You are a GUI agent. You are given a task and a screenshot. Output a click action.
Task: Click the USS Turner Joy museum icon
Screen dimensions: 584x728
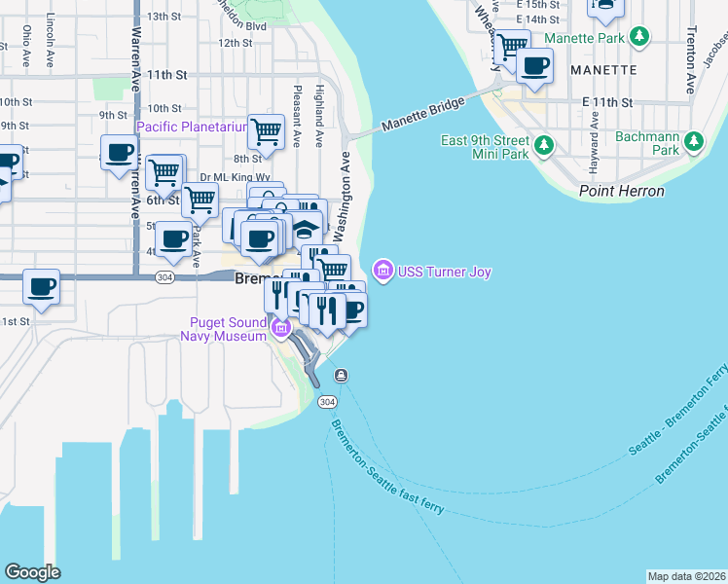(x=382, y=271)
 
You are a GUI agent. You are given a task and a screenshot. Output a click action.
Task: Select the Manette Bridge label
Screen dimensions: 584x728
(x=423, y=114)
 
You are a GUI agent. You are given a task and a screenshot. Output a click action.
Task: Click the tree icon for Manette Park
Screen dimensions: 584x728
(x=638, y=38)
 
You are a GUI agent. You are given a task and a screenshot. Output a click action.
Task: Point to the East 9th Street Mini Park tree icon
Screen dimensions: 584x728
(x=544, y=146)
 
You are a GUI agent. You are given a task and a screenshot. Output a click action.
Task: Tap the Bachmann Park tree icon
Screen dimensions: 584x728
(x=694, y=142)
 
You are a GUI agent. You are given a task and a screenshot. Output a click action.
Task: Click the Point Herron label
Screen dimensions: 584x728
(x=621, y=191)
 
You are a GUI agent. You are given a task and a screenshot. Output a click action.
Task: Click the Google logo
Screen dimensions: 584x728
(x=32, y=571)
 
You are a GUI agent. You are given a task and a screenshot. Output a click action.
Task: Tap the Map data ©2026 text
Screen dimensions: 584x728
(x=685, y=576)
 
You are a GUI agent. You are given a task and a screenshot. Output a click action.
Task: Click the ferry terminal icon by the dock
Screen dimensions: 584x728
(x=342, y=376)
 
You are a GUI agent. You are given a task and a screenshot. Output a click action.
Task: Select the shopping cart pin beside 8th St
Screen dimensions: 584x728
(x=265, y=131)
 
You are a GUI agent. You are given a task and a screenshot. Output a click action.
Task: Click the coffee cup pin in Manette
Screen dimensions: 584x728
(x=534, y=66)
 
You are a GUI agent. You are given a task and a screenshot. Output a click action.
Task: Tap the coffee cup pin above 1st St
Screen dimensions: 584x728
(x=42, y=287)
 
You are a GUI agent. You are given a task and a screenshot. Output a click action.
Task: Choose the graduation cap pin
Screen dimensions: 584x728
(x=306, y=231)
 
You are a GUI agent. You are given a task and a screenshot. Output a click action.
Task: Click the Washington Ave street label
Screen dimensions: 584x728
(x=343, y=195)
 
